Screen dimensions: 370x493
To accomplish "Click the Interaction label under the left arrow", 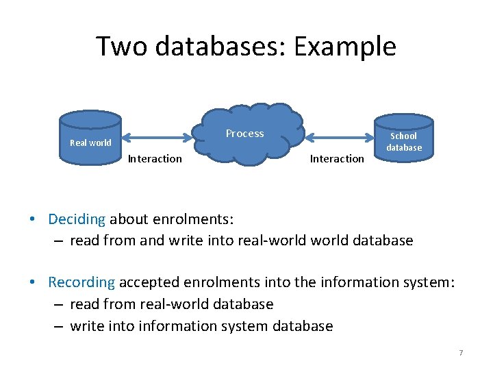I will click(x=155, y=159).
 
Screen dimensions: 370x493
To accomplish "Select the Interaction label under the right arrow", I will click(x=337, y=159).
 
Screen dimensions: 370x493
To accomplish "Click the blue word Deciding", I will click(x=77, y=219).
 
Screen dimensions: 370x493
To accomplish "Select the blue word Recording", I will click(x=81, y=282).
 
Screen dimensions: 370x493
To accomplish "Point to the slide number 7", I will click(x=461, y=353).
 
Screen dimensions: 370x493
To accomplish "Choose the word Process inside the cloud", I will click(x=244, y=134).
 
